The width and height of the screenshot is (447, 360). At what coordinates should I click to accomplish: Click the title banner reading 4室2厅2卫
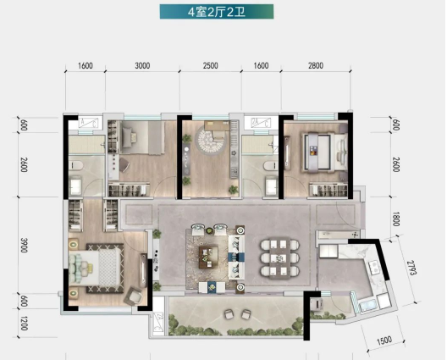click(217, 12)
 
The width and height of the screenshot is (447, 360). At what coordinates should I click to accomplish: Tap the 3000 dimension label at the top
click(142, 65)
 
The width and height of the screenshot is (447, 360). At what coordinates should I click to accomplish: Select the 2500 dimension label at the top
click(211, 65)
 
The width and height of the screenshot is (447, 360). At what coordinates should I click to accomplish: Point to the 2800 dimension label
click(316, 65)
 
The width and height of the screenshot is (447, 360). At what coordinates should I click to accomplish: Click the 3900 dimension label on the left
click(24, 245)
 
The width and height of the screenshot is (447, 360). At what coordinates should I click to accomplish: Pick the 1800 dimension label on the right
click(395, 219)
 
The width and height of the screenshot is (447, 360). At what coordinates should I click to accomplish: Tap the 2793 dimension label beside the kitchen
click(411, 268)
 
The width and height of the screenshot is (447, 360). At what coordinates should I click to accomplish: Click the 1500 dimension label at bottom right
click(384, 341)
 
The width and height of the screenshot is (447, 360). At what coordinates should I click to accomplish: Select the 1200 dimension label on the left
click(24, 324)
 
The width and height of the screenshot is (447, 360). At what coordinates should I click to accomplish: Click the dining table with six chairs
click(279, 258)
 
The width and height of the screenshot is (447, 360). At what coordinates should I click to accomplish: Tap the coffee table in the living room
click(208, 258)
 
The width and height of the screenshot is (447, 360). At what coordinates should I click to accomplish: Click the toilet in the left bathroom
click(76, 165)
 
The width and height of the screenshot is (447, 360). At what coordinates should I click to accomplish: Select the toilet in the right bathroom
click(271, 166)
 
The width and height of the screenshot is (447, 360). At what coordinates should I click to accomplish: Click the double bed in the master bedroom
click(95, 268)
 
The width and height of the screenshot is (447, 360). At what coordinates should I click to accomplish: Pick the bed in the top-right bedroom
click(324, 153)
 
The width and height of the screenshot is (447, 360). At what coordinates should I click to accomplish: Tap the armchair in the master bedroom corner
click(134, 296)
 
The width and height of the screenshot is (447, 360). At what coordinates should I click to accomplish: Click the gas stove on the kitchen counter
click(373, 268)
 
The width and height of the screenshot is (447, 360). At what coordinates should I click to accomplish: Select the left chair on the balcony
click(229, 314)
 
